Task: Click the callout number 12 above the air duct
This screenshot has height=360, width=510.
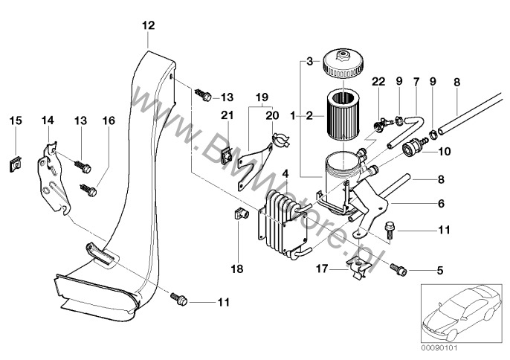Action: pyautogui.click(x=148, y=25)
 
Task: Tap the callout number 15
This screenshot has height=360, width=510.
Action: pyautogui.click(x=16, y=120)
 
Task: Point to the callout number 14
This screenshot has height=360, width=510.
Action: pyautogui.click(x=48, y=120)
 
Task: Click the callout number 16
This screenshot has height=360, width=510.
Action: pyautogui.click(x=109, y=120)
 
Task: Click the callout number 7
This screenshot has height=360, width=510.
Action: pyautogui.click(x=416, y=81)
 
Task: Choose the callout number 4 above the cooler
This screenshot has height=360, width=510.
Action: pyautogui.click(x=285, y=174)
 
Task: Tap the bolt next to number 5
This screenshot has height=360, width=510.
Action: pyautogui.click(x=398, y=267)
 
